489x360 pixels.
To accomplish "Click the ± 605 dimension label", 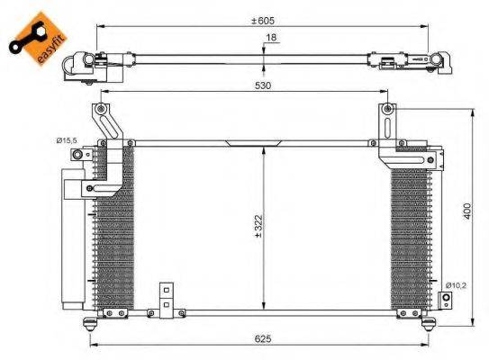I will click(263, 21).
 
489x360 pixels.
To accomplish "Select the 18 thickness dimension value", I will click(270, 40).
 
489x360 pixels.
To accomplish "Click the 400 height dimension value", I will click(466, 210).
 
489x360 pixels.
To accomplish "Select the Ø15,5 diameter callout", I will click(67, 140).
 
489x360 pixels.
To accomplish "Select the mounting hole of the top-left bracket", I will click(98, 110).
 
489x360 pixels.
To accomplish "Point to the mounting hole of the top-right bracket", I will click(387, 110).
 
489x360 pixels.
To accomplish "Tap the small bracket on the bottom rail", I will click(165, 297).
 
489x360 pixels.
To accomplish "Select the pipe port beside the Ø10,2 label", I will click(444, 298).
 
